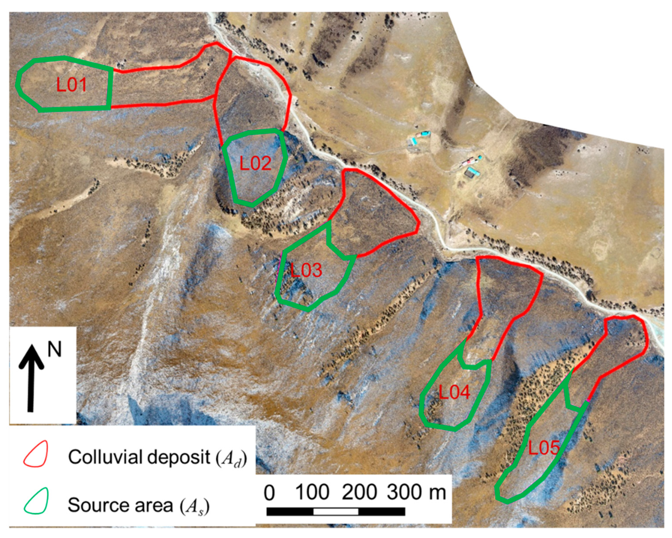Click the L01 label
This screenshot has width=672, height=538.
coord(71,85)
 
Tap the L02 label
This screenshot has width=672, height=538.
coord(255,163)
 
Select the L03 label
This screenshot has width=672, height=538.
coord(306,270)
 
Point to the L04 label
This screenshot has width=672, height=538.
coord(454,392)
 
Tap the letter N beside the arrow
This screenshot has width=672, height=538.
coord(54,350)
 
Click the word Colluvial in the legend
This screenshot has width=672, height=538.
coord(104,457)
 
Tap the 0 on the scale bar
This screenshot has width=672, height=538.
coord(270,493)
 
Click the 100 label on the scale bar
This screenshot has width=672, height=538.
coord(312,492)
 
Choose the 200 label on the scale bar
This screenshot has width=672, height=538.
coord(359,492)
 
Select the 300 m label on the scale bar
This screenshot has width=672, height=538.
coord(416,492)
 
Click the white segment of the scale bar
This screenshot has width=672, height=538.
coord(336,511)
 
